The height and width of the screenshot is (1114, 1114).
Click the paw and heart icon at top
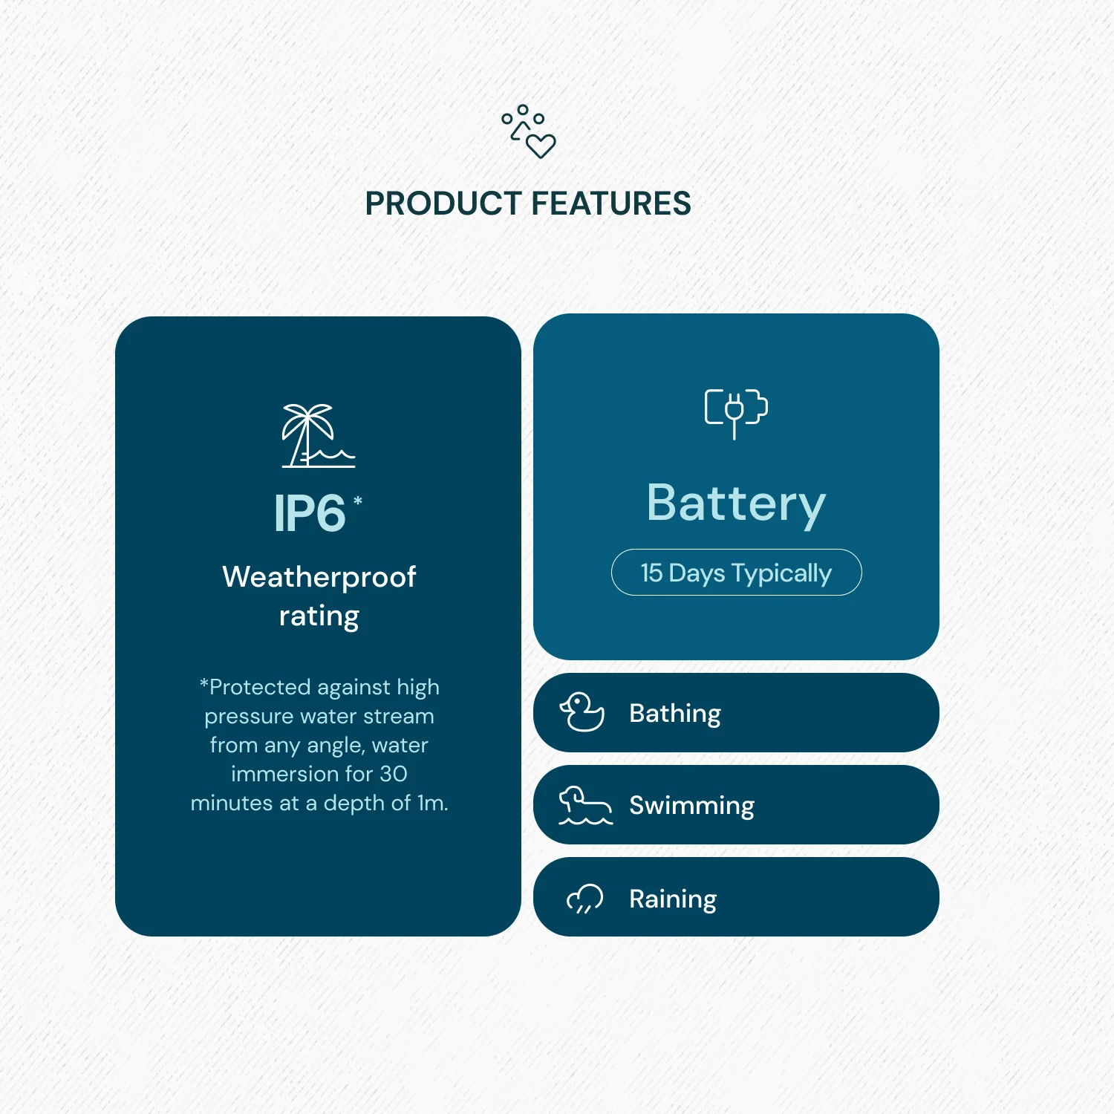[529, 131]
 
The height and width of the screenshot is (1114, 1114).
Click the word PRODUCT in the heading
[443, 203]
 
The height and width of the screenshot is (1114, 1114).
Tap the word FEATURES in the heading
[611, 203]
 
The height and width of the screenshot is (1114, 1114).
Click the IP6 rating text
[310, 513]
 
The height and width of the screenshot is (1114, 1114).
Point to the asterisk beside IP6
[358, 501]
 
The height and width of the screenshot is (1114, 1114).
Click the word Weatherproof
[319, 577]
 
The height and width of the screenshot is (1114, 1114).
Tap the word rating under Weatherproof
[319, 616]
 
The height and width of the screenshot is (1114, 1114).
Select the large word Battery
[736, 504]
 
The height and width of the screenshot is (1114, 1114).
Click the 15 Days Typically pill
[736, 573]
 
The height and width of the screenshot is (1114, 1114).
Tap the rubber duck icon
[582, 712]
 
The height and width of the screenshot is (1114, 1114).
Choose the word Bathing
[675, 714]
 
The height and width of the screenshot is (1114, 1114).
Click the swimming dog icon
[585, 806]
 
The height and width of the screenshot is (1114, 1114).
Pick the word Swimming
[691, 806]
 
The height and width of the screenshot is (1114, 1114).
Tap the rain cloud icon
[585, 899]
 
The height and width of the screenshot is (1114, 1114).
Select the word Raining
[673, 899]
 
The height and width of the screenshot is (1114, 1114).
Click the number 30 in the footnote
[394, 774]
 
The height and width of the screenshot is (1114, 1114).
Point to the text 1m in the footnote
[432, 803]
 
